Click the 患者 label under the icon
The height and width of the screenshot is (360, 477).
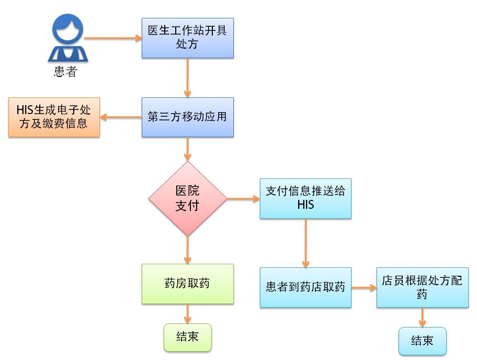pyautogui.click(x=65, y=72)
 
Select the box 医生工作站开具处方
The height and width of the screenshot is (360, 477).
pyautogui.click(x=187, y=38)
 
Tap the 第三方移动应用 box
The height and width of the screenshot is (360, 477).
pyautogui.click(x=187, y=117)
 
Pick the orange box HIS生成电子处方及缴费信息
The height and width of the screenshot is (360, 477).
pyautogui.click(x=54, y=117)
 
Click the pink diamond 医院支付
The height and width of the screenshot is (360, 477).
pyautogui.click(x=187, y=198)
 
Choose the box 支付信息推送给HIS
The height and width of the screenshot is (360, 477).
pyautogui.click(x=305, y=198)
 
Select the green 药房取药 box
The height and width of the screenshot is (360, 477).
pyautogui.click(x=187, y=284)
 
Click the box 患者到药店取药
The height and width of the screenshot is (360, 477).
pyautogui.click(x=305, y=287)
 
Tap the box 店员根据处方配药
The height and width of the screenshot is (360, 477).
pyautogui.click(x=422, y=287)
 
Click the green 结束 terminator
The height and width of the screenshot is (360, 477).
pyautogui.click(x=187, y=337)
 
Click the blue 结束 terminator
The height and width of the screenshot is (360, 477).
pyautogui.click(x=422, y=341)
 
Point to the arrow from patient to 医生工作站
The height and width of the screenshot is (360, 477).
pyautogui.click(x=112, y=38)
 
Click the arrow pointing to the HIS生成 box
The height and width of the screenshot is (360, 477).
pyautogui.click(x=121, y=117)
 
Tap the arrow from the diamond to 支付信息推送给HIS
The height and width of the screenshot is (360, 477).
pyautogui.click(x=243, y=199)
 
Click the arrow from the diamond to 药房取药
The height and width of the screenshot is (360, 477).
pyautogui.click(x=187, y=250)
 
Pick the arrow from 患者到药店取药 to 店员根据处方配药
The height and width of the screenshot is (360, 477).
pyautogui.click(x=364, y=287)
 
